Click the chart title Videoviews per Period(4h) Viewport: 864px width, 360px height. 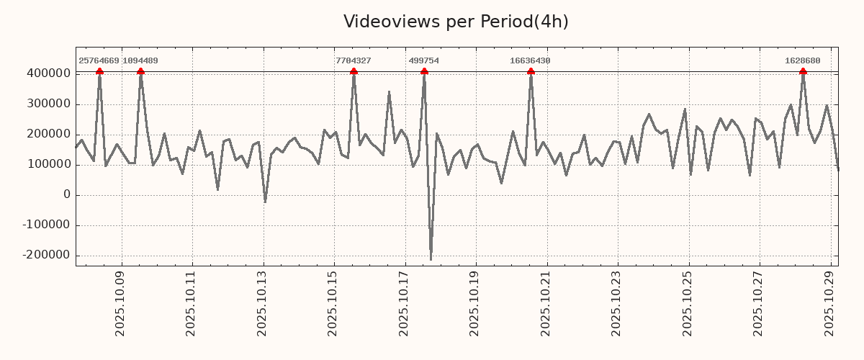tap(456, 22)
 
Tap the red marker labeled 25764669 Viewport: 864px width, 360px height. tap(99, 71)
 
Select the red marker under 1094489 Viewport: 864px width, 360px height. tap(140, 71)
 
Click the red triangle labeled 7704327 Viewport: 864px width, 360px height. tap(354, 71)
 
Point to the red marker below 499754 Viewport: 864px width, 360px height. tap(424, 71)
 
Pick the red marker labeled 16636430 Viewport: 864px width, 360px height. tap(531, 71)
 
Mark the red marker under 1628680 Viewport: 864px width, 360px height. tap(803, 71)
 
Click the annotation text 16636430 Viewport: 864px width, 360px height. tap(530, 61)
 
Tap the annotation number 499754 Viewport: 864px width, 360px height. tap(423, 61)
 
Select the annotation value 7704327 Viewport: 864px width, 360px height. tap(354, 61)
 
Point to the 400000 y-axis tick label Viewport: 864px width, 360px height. tap(48, 73)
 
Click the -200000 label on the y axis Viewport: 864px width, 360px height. tap(45, 255)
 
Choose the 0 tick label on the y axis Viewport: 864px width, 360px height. tap(67, 194)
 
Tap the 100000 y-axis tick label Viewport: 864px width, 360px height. tap(48, 164)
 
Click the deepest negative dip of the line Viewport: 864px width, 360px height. tap(431, 259)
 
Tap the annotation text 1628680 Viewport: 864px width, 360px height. tap(802, 61)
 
